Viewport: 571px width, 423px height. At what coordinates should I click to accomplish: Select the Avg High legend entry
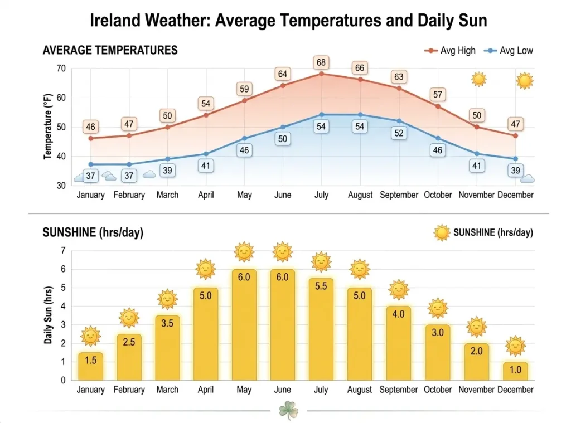point(450,51)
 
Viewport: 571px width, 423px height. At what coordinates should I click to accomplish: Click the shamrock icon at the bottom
point(288,411)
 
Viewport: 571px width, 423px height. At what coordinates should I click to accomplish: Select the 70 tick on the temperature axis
point(60,69)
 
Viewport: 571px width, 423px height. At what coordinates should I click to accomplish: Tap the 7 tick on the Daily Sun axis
point(63,251)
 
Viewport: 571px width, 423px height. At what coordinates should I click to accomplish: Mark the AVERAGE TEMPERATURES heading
point(110,50)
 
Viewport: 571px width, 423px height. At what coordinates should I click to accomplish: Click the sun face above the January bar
point(90,336)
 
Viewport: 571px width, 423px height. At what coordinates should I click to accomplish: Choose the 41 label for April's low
point(206,166)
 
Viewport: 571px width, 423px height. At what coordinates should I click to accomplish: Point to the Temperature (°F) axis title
point(48,127)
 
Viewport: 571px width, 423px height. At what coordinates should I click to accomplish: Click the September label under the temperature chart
point(399,195)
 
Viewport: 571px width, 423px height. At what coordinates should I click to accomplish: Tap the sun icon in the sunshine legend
point(442,232)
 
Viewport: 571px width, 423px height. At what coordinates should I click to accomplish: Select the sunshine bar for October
point(438,352)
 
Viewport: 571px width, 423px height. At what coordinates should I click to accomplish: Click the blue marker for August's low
point(360,115)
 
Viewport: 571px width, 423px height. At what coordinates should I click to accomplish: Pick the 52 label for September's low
point(399,133)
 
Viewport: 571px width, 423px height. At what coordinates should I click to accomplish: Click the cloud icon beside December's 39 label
point(528,178)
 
